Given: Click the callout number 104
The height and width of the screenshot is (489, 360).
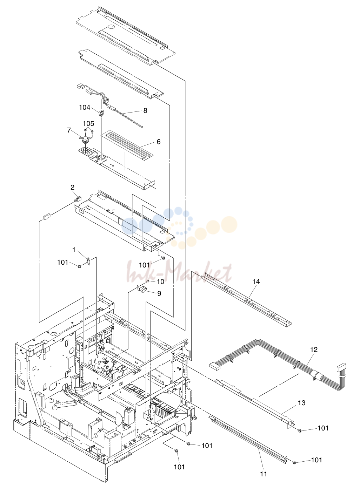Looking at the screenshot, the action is (x=85, y=107).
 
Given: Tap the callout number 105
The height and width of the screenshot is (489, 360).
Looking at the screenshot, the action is (x=88, y=123).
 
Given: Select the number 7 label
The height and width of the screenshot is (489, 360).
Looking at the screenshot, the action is (x=69, y=130).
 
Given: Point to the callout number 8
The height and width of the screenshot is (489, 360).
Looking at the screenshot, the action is (x=145, y=110).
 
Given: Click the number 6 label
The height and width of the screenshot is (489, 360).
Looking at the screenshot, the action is (x=159, y=142).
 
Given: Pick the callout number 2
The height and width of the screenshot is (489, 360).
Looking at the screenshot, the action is (x=72, y=187).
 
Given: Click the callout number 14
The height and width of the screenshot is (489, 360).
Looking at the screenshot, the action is (x=256, y=281).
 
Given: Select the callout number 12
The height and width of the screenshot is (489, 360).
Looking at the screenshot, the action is (x=314, y=349).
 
